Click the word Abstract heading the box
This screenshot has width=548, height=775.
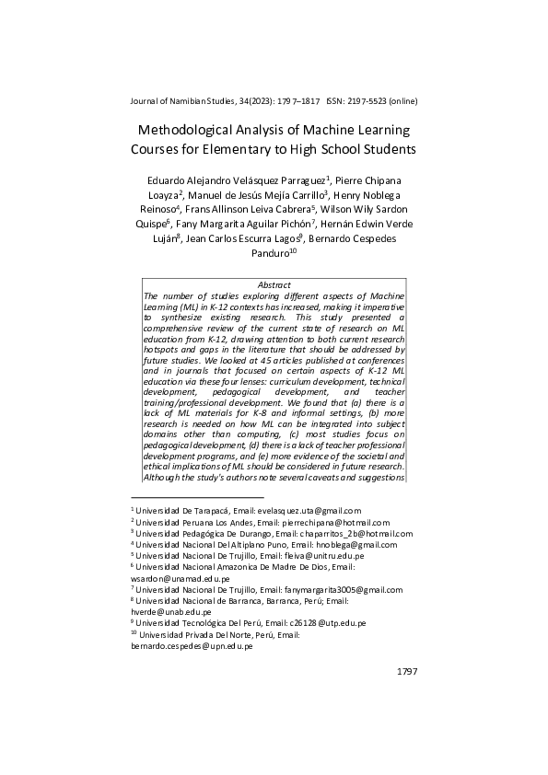274,285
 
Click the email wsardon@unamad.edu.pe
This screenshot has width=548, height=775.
181,578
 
